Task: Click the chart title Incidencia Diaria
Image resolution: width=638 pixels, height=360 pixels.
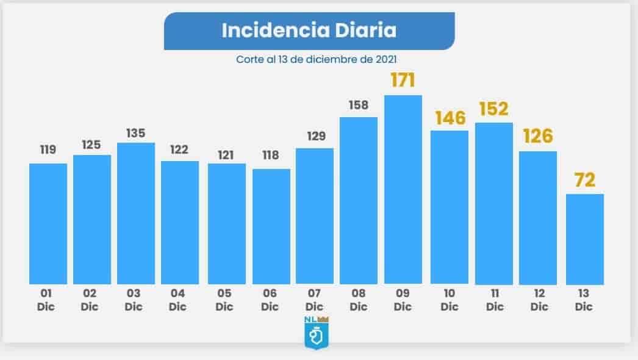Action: (x=309, y=31)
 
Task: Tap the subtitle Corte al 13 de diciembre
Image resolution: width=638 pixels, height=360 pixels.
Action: (x=317, y=60)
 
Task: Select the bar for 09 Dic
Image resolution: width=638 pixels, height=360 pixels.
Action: (x=403, y=189)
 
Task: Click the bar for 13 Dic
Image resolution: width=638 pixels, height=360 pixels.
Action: (x=585, y=239)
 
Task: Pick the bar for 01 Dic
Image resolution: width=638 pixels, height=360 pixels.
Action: (x=48, y=223)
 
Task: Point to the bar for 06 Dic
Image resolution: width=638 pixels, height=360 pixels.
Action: (x=271, y=226)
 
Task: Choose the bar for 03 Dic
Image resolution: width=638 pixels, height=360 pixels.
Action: (x=135, y=213)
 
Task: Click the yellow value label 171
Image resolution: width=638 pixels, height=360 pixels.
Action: (x=403, y=81)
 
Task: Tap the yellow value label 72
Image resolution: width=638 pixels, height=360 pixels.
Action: (x=584, y=181)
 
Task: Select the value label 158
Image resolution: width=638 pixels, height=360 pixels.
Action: (x=358, y=105)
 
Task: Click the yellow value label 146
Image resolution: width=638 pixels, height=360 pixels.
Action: (x=450, y=118)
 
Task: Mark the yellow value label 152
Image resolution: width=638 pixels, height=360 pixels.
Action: (x=493, y=109)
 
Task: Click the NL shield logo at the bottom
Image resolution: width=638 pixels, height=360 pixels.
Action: (x=314, y=332)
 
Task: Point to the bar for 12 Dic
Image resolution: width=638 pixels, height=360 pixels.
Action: (x=538, y=217)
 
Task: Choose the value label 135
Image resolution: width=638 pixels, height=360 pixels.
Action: (x=135, y=132)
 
